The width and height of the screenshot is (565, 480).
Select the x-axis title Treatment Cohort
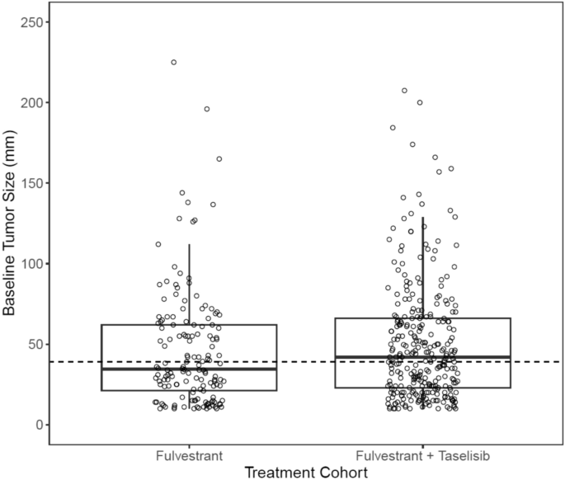306,471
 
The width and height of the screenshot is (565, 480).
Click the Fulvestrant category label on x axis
189,454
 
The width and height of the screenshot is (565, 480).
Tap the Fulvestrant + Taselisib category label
422,454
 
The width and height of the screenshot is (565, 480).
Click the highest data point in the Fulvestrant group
174,63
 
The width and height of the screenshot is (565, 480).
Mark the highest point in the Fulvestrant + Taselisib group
404,91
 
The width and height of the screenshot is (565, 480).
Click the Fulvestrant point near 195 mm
207,109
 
